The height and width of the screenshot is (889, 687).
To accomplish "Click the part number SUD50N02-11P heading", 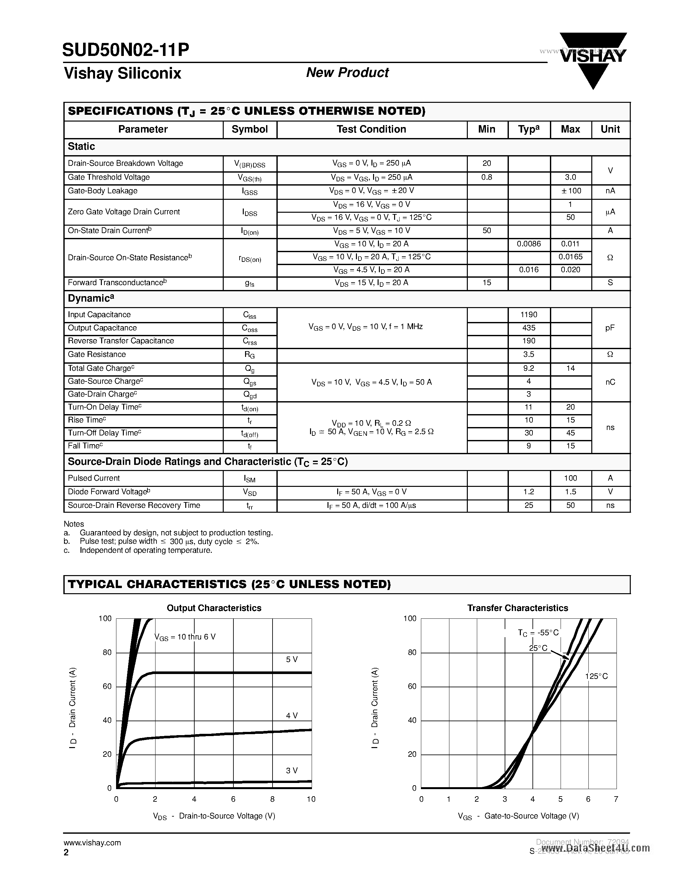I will pos(126,50).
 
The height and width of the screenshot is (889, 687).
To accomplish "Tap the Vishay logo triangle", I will pos(593,61).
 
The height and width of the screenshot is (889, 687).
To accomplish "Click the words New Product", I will pos(347,72).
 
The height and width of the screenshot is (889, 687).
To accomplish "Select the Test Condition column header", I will pos(371,129).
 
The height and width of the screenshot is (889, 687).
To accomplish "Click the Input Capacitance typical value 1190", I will pos(529,315).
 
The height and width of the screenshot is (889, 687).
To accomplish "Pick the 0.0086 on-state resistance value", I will pos(529,244).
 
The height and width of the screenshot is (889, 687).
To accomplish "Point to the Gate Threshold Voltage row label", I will pos(109,177).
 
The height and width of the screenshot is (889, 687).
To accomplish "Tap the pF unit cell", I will pos(610,328).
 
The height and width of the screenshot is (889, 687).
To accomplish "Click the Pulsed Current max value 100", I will pos(571,478).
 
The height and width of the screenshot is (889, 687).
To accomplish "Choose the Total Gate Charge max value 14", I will pos(571,369).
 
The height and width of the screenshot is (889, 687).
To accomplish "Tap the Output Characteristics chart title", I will pos(214,608).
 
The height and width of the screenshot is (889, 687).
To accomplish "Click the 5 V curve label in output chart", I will pos(291,659).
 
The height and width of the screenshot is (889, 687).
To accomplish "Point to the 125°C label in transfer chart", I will pos(596,676).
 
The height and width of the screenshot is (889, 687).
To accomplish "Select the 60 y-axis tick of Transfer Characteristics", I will pos(412,686).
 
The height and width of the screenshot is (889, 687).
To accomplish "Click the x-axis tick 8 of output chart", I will pos(272,799).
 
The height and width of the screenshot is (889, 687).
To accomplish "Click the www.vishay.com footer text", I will pos(92,842).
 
